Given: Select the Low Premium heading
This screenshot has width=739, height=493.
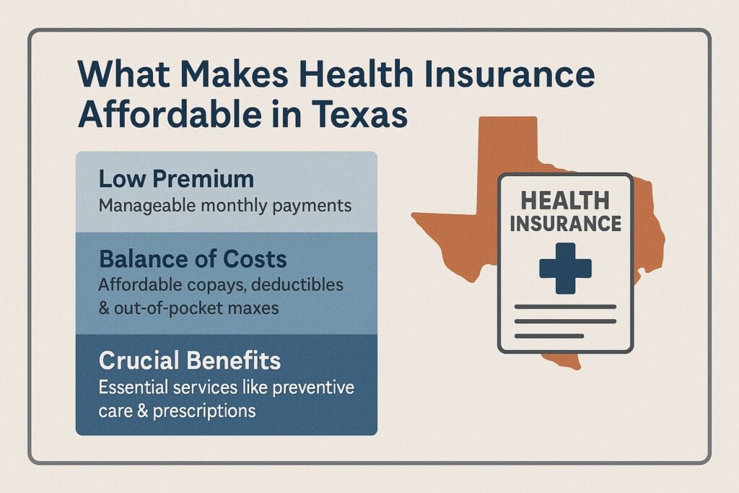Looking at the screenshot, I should (176, 180).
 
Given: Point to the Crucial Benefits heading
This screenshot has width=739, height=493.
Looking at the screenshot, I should (191, 361).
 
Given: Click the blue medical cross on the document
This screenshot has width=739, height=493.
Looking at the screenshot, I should (565, 267).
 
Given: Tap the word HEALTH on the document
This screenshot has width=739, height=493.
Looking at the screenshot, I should (565, 201).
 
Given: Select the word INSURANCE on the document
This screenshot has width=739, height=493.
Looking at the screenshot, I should (565, 223).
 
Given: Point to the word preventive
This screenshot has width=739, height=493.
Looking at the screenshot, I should (314, 388).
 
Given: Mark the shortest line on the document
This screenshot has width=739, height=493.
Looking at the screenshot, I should (548, 336).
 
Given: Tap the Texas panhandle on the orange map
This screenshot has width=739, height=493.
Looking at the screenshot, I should (508, 144).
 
